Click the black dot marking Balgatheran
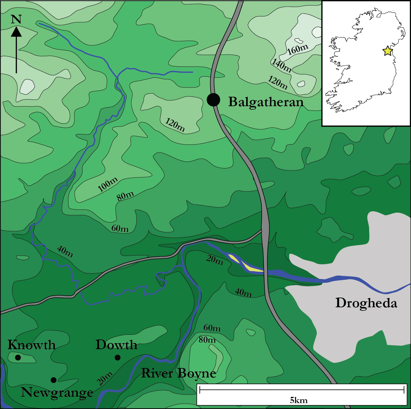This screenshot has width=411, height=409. pos(213,100)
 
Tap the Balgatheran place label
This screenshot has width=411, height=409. pos(266,102)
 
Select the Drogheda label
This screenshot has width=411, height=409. pos(366,303)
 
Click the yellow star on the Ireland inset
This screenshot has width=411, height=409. pos(387,51)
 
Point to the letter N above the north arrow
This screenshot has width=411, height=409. pos(16,19)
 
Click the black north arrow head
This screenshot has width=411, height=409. pos(16,32)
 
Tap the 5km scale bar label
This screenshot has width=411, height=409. pos(299,400)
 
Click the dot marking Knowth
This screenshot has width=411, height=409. pos(18,358)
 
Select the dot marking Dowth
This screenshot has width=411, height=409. pos(117,358)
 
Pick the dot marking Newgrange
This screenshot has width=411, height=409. pos(53,380)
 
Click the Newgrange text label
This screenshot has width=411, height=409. pos(57,392)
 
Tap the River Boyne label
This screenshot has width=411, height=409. pos(179,373)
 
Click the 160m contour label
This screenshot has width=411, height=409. pos(297,49)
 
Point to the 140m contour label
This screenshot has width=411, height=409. pos(282,65)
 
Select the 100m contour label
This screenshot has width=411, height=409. pos(108,184)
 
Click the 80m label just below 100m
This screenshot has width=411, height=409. pos(125,196)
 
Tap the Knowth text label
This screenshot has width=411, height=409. pos(32,345)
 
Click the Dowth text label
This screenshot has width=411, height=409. pos(116,345)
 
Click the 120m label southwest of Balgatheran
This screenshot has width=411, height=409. pos(175,125)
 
